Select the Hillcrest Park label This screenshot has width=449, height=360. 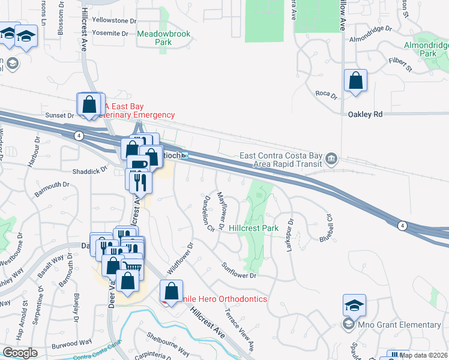(254, 229)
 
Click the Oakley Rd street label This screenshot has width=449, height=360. (365, 113)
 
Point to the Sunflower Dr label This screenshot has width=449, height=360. (238, 270)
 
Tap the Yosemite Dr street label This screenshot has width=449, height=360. (109, 34)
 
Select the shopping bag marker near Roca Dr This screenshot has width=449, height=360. (355, 80)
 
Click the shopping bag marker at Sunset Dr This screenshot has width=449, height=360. (89, 104)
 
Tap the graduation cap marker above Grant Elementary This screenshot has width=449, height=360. (354, 305)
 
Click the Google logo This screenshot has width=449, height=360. (20, 353)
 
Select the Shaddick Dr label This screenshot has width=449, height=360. (89, 170)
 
